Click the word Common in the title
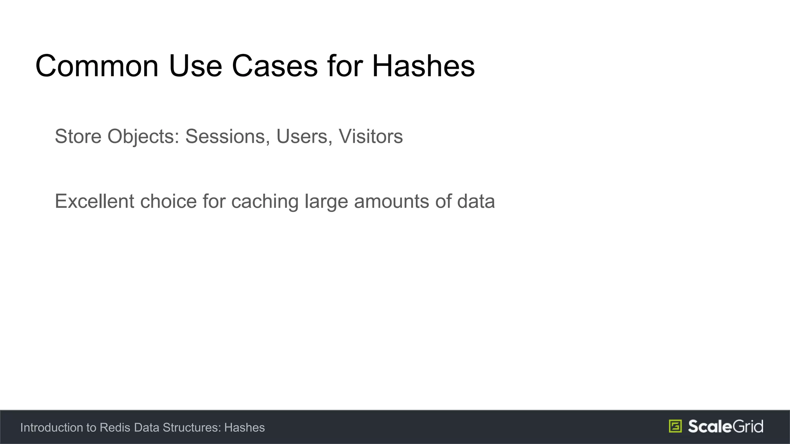[x=97, y=66]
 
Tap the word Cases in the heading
[x=275, y=66]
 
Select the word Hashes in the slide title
[x=423, y=66]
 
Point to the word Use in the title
[x=195, y=66]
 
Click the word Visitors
[x=371, y=136]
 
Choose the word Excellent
[x=95, y=201]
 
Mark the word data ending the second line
[x=476, y=201]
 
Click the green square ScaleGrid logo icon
[x=675, y=426]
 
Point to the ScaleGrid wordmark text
[x=725, y=426]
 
